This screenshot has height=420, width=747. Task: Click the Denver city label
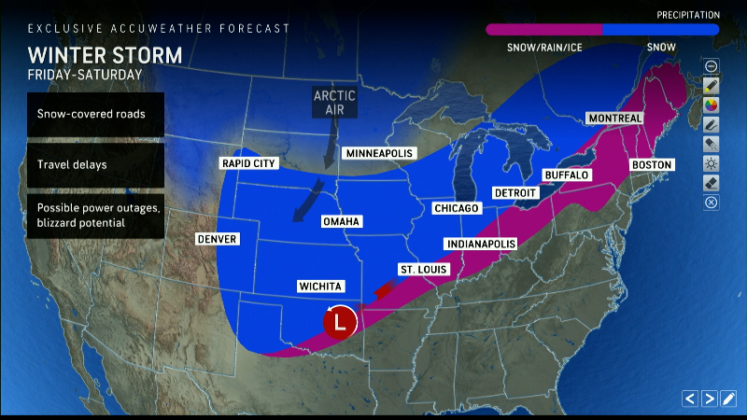[218, 239]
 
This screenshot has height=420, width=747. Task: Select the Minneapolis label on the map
[379, 153]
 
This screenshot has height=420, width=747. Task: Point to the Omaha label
[341, 221]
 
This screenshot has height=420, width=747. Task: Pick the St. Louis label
[422, 269]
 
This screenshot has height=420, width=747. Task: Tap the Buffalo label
[567, 175]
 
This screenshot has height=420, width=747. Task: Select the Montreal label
[614, 119]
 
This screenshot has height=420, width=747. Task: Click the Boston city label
[652, 164]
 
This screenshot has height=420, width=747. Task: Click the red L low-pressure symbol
[341, 322]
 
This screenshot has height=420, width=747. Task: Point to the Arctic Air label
[334, 102]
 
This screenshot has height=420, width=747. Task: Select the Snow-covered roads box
[95, 114]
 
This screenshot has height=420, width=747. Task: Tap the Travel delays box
[95, 165]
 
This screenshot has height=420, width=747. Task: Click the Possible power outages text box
[95, 216]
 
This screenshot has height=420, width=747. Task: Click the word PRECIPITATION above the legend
[686, 15]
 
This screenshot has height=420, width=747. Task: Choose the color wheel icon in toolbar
[712, 105]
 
